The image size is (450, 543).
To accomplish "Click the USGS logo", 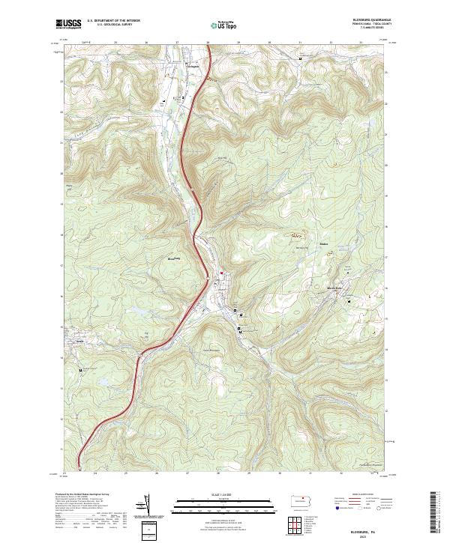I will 68,24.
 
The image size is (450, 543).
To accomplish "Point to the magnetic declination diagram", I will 147,506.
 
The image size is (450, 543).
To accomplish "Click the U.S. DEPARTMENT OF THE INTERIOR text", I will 113,21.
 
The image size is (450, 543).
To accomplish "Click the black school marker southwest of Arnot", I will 81,369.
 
